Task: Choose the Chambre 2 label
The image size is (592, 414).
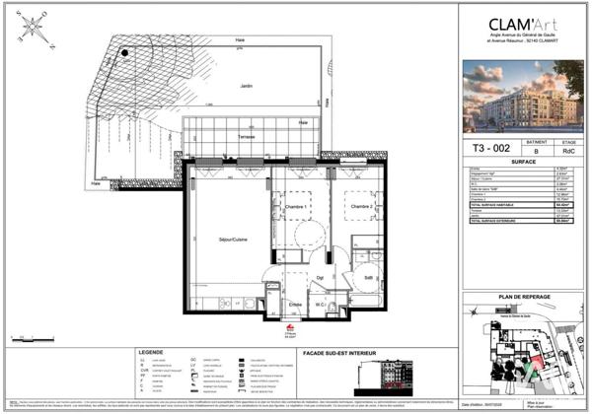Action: click(357, 206)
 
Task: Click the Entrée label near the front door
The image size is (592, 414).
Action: click(294, 305)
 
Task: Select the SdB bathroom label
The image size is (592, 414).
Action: click(367, 279)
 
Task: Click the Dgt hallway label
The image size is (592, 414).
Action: click(319, 279)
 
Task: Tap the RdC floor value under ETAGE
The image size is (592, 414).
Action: click(568, 153)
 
